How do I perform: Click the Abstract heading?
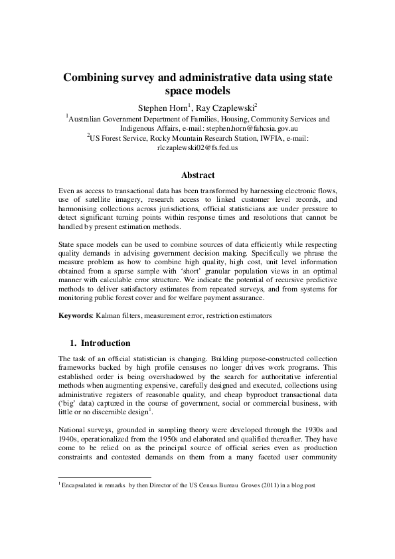click(x=197, y=175)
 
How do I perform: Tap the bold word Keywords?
click(x=74, y=315)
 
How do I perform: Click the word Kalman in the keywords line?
click(x=108, y=315)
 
